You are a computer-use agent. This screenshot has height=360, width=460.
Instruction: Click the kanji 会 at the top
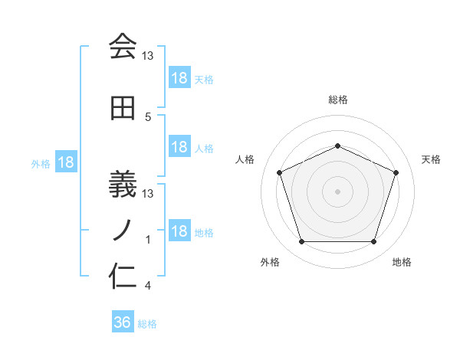pos(123,47)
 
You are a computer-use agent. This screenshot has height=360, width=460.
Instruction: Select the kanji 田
pos(123,109)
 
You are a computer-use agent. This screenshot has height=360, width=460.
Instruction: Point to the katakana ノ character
pos(123,227)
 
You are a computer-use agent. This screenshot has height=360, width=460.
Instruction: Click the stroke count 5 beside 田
pos(148,117)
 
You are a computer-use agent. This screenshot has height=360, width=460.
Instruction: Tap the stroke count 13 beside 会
pos(148,56)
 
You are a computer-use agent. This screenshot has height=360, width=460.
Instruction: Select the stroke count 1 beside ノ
pos(148,240)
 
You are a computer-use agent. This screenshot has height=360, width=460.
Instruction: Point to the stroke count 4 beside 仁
pos(148,286)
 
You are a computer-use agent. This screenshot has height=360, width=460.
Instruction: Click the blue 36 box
pos(123,322)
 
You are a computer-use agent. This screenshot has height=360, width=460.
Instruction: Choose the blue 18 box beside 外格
pos(66,162)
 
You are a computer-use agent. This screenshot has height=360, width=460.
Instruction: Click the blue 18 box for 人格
pos(179,147)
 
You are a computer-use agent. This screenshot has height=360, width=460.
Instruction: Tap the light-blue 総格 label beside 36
pos(147,323)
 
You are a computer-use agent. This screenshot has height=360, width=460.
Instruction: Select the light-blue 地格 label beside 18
pos(204,232)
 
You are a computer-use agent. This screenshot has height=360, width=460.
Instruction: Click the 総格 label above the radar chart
pos(338,100)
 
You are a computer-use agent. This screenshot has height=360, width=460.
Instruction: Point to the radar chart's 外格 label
pos(270,262)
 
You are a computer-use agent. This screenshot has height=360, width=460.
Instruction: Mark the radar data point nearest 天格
pos(396,172)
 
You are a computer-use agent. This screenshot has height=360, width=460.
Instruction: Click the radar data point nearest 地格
pos(373,242)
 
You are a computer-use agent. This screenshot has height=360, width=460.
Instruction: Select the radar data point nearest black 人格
pos(279,172)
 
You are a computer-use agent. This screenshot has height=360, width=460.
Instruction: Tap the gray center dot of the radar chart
pos(337,191)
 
